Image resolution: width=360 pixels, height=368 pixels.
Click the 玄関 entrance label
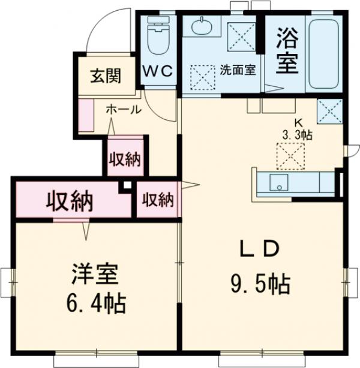(x=106, y=76)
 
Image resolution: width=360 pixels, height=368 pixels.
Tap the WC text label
(x=157, y=71)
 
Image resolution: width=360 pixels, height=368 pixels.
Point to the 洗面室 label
(x=238, y=70)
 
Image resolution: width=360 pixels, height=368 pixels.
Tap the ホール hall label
(x=124, y=110)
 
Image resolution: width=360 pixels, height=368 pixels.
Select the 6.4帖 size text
(x=95, y=304)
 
